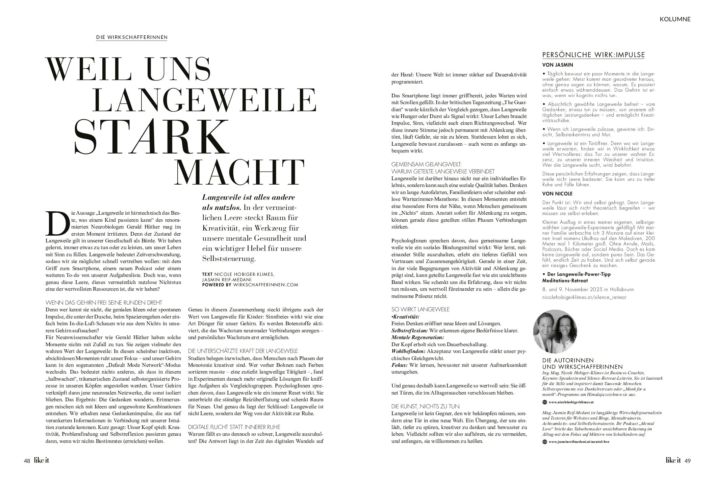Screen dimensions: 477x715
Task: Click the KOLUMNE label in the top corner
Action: tap(675, 19)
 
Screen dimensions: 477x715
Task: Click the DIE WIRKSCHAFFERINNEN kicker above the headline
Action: tap(132, 37)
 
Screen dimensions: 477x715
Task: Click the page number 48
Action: tap(27, 461)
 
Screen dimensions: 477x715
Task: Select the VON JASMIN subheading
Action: tap(557, 65)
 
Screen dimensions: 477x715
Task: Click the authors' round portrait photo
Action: tap(556, 331)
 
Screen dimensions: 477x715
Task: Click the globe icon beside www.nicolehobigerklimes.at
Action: tap(544, 402)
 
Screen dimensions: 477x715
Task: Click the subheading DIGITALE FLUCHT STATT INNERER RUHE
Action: tap(234, 427)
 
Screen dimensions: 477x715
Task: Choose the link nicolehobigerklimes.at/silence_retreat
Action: tap(584, 297)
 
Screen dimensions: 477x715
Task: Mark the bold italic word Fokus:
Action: tap(399, 365)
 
